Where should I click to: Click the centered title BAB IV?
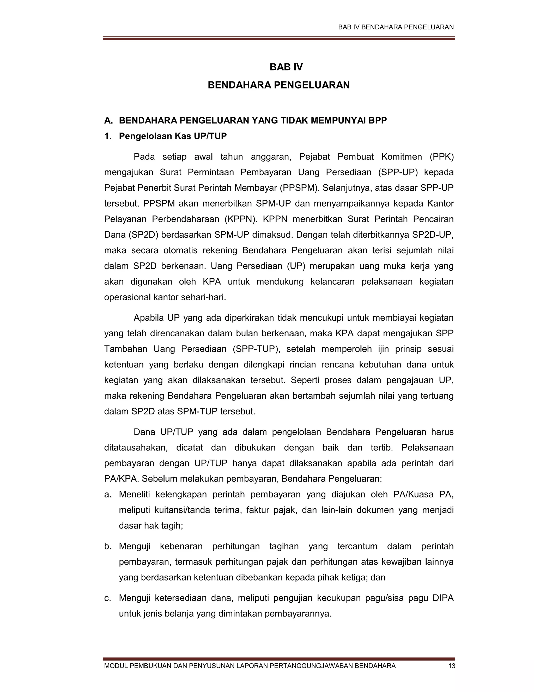[286, 67]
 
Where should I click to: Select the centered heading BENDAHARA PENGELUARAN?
[278, 85]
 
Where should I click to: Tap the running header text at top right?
[396, 27]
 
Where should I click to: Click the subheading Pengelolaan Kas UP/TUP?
[173, 136]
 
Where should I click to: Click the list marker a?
[108, 494]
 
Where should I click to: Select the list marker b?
[108, 546]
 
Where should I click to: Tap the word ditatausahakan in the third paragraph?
[136, 448]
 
